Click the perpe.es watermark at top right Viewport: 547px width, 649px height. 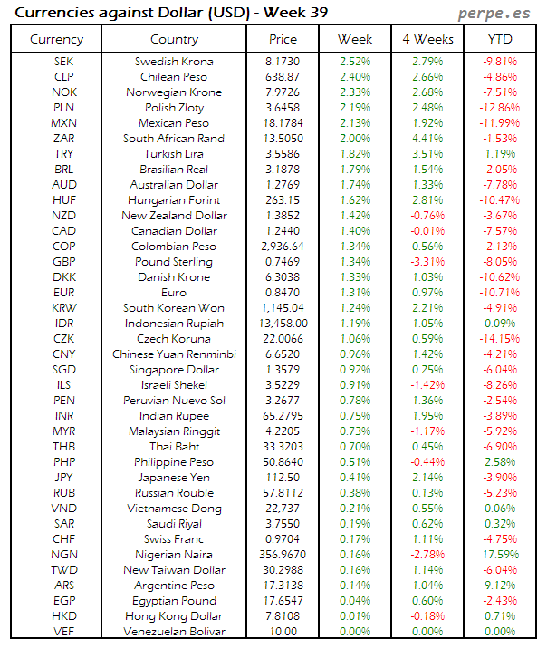494,13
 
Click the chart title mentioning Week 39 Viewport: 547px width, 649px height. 173,13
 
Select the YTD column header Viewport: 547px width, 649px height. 499,39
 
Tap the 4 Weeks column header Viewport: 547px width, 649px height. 427,39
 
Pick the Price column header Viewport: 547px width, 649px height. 283,39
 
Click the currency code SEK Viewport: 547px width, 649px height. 64,61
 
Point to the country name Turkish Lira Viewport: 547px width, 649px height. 175,154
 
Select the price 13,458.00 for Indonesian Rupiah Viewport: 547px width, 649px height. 283,323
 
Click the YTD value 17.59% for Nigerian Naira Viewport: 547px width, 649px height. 499,554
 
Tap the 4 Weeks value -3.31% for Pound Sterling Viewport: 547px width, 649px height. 427,261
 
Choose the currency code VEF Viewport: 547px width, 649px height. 64,631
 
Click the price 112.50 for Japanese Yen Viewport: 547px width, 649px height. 283,477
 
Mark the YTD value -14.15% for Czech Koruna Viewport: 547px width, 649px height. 499,338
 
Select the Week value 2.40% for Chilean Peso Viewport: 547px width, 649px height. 354,76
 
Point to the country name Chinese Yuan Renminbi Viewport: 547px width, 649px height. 175,354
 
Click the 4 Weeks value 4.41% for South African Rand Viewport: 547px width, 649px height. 427,139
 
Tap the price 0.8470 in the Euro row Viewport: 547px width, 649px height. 283,292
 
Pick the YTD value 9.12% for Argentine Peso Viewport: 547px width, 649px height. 499,585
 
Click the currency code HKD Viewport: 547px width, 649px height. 64,615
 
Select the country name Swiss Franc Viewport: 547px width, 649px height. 175,538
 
